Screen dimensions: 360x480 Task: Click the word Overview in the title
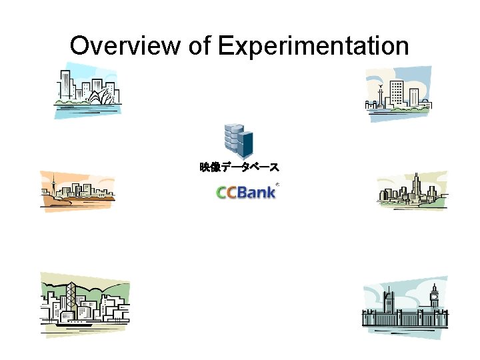click(x=124, y=47)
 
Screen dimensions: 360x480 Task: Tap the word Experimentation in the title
click(x=313, y=47)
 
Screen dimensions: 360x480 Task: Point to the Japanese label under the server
click(x=239, y=167)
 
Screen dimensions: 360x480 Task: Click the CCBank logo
click(x=245, y=192)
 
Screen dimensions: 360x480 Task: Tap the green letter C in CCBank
click(x=223, y=193)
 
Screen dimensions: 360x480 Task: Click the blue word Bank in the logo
click(x=257, y=192)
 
